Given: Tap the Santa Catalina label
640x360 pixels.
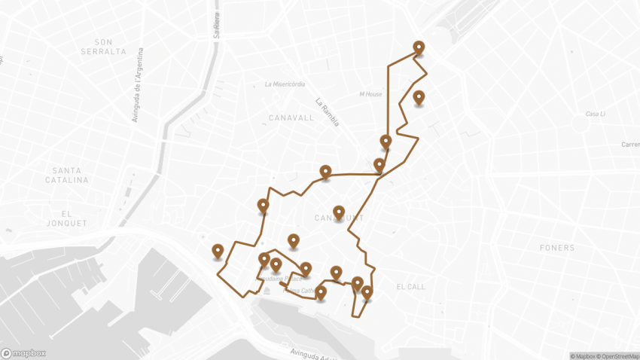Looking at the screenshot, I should coord(66,175).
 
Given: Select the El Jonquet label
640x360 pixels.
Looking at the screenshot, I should coord(65,218).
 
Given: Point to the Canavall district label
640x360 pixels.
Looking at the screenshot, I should coord(291,118).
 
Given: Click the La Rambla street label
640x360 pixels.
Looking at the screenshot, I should coord(328,112).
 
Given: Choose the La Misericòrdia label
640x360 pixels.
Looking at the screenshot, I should coord(285,84).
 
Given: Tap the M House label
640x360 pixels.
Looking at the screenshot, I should coord(370,94).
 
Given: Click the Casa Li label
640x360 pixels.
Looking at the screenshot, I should coord(597,114).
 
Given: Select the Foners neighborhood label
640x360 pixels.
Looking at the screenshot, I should coord(557,248).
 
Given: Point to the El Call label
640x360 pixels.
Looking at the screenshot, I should coord(411,287).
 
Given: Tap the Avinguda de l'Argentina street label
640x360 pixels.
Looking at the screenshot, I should coord(139,83).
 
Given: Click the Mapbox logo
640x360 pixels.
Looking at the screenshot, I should coord(23,352).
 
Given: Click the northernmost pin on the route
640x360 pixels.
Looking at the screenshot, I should coord(419,47).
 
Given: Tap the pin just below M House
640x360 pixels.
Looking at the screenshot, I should coord(419,97).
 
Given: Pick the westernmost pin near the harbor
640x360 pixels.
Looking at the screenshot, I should coord(218,251).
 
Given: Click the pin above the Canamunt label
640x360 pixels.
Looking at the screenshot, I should coord(339,212).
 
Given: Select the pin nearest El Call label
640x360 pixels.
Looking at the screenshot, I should coord(367,292).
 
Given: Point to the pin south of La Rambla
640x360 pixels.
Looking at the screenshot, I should coord(325,172).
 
